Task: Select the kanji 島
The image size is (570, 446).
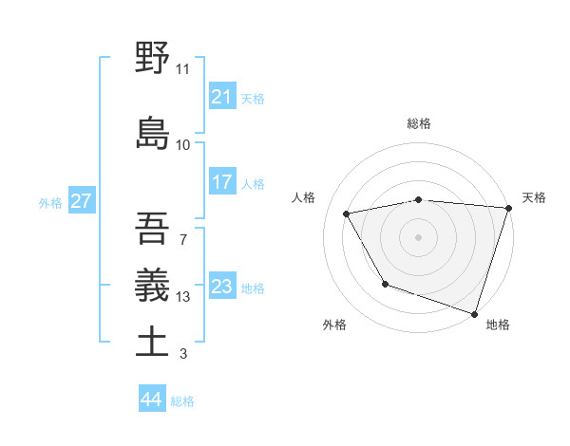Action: (x=152, y=133)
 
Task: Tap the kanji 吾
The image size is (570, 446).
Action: (x=152, y=228)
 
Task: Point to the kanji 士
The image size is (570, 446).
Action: (x=152, y=342)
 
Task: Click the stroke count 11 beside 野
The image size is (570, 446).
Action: (x=182, y=69)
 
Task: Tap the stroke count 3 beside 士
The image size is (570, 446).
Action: (x=182, y=355)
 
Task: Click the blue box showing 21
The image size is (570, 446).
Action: (x=221, y=97)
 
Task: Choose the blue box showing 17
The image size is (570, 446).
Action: (x=221, y=182)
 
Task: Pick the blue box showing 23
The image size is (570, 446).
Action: (x=221, y=287)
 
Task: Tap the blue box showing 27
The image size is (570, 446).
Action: (x=81, y=201)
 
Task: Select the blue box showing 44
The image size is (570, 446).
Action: (x=151, y=400)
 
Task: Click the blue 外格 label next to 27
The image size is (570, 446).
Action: (x=50, y=202)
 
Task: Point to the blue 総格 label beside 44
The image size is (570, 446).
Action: (x=182, y=401)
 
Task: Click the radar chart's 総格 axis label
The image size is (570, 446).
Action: (x=419, y=123)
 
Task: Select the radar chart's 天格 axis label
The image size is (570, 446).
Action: (x=534, y=197)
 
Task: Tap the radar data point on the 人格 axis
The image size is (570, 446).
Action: (x=347, y=214)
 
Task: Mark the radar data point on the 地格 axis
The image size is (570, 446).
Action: (x=474, y=312)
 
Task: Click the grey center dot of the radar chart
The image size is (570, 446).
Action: (x=418, y=236)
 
